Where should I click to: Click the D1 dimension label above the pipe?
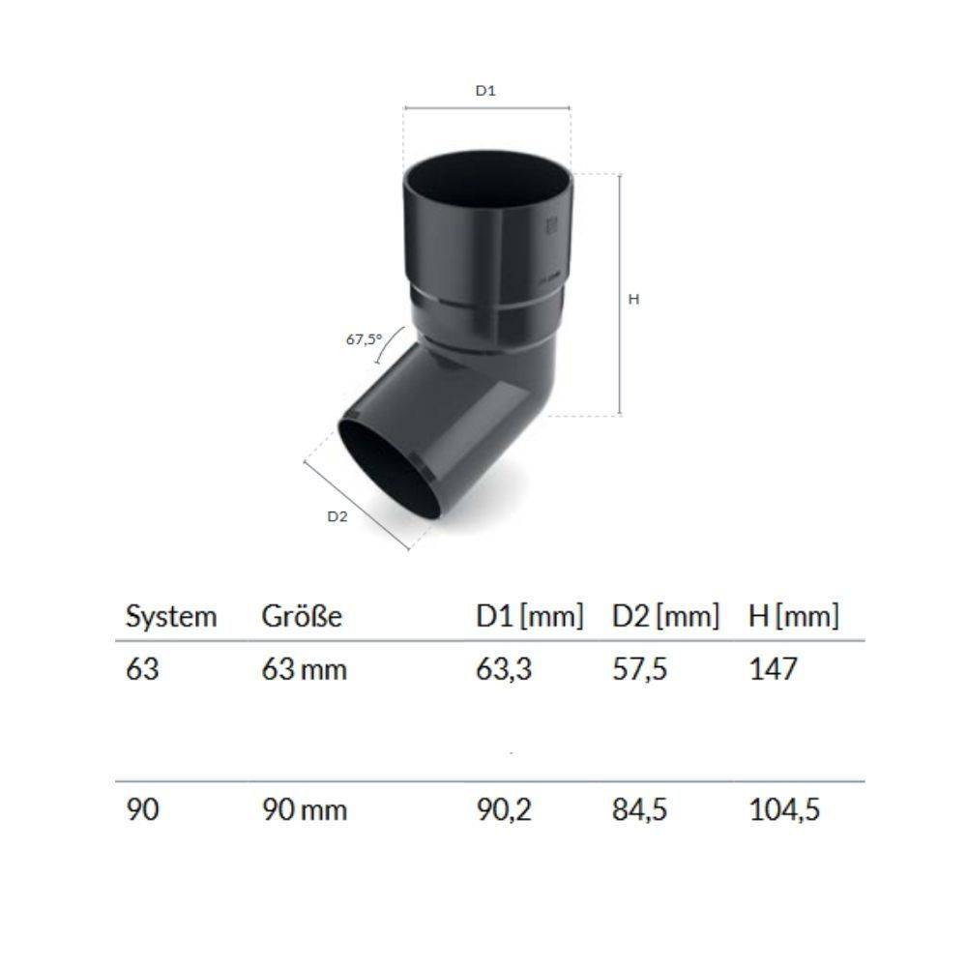[x=485, y=90]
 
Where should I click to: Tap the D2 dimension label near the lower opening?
[x=337, y=515]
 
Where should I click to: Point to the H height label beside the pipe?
[x=634, y=300]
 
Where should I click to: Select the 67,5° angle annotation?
[x=364, y=339]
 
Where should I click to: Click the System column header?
[x=171, y=617]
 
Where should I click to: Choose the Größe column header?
[x=302, y=617]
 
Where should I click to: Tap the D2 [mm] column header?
[x=665, y=616]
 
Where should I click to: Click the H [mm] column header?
[x=794, y=616]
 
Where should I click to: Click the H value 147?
[x=774, y=669]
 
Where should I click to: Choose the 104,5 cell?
[x=785, y=809]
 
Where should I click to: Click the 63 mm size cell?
[x=304, y=669]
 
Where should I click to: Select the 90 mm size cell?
[x=304, y=809]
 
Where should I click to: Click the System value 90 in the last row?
[x=143, y=809]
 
